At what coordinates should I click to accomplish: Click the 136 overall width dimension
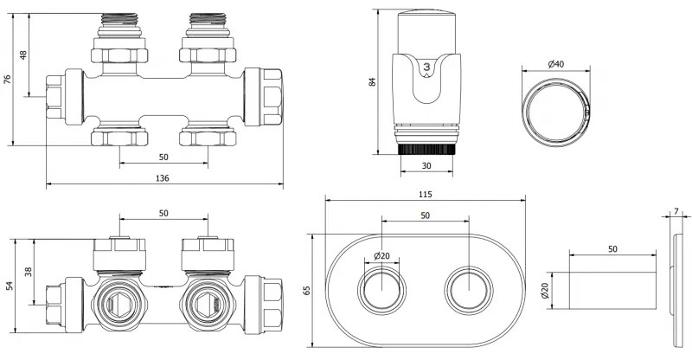tap(163, 178)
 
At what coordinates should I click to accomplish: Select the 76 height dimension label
tap(9, 80)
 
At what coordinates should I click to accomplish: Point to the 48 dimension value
tap(24, 55)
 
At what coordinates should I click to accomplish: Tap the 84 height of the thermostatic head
tap(374, 82)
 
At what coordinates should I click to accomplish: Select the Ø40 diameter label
tap(556, 64)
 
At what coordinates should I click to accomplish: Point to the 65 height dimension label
tap(306, 292)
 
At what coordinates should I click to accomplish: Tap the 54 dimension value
tap(10, 286)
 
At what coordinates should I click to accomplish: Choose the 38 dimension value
tap(28, 272)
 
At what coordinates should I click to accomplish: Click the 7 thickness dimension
tap(676, 211)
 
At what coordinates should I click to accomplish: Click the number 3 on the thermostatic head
tap(426, 67)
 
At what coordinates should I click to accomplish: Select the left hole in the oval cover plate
tap(381, 289)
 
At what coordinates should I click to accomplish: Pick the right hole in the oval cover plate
tap(468, 289)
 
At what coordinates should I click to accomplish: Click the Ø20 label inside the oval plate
tap(381, 256)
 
